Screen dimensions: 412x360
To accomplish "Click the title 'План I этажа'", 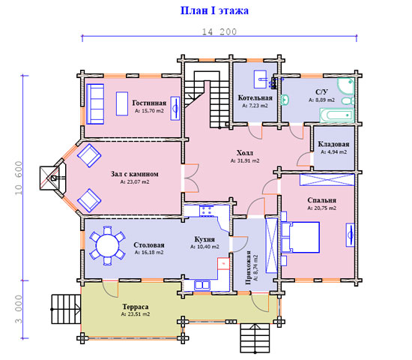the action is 214,10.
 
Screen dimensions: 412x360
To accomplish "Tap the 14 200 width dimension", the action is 219,31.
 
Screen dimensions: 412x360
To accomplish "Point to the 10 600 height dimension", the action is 19,178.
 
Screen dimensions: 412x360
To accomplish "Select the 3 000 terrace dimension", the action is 19,309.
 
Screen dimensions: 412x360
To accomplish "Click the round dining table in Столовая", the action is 107,245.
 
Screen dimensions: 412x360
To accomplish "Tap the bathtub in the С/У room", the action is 336,115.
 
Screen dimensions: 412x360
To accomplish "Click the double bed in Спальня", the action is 300,237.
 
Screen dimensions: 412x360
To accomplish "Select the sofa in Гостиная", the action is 95,104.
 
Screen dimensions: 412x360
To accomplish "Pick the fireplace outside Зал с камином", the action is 52,178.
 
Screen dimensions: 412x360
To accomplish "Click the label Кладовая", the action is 333,144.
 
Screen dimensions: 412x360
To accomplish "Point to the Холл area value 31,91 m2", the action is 245,160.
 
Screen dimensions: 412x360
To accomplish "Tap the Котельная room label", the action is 255,98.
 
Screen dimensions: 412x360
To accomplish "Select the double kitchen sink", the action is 202,285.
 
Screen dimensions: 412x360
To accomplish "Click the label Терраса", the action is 136,307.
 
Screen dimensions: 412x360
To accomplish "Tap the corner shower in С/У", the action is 346,85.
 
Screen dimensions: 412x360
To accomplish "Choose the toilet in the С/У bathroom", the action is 348,100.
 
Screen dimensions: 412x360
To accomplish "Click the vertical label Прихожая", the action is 247,268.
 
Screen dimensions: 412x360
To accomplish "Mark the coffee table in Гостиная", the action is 122,103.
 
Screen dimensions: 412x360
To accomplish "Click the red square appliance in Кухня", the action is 224,264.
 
